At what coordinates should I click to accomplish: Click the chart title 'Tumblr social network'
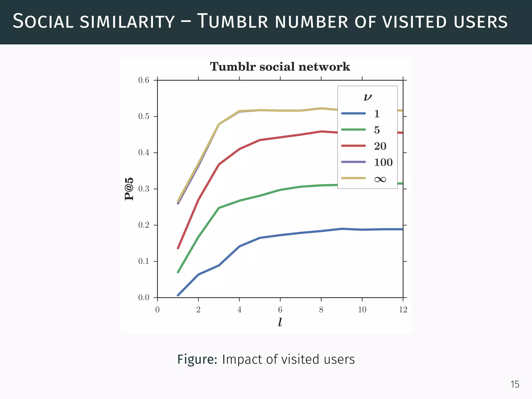coord(280,67)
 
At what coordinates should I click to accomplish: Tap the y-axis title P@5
coord(129,189)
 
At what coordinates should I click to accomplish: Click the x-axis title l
coord(280,322)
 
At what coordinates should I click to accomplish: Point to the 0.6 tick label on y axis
coord(144,80)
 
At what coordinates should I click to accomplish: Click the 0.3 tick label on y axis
coord(144,189)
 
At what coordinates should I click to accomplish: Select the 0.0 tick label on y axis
coord(144,297)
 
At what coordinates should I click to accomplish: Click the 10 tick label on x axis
coord(362,310)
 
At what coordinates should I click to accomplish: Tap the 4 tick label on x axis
coord(239,310)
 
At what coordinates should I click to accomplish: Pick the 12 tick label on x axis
coord(403,310)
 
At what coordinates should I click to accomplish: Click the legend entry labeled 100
coord(383,162)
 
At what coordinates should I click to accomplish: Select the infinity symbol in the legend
coord(380,179)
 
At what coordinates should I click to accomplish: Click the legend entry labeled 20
coord(380,146)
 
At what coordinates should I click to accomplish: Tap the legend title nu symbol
coord(368,97)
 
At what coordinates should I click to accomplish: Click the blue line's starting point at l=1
coord(178,295)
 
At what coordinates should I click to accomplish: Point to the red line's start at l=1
coord(178,248)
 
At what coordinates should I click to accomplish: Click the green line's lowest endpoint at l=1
coord(178,272)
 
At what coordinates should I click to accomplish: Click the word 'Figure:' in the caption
coord(197,360)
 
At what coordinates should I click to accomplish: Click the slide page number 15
coord(515,384)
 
